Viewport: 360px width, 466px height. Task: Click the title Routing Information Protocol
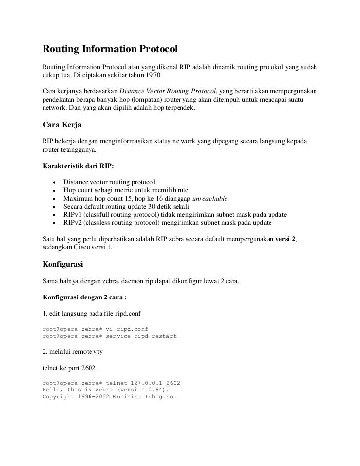pos(110,50)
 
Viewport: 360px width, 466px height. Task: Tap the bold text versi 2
pos(285,239)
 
